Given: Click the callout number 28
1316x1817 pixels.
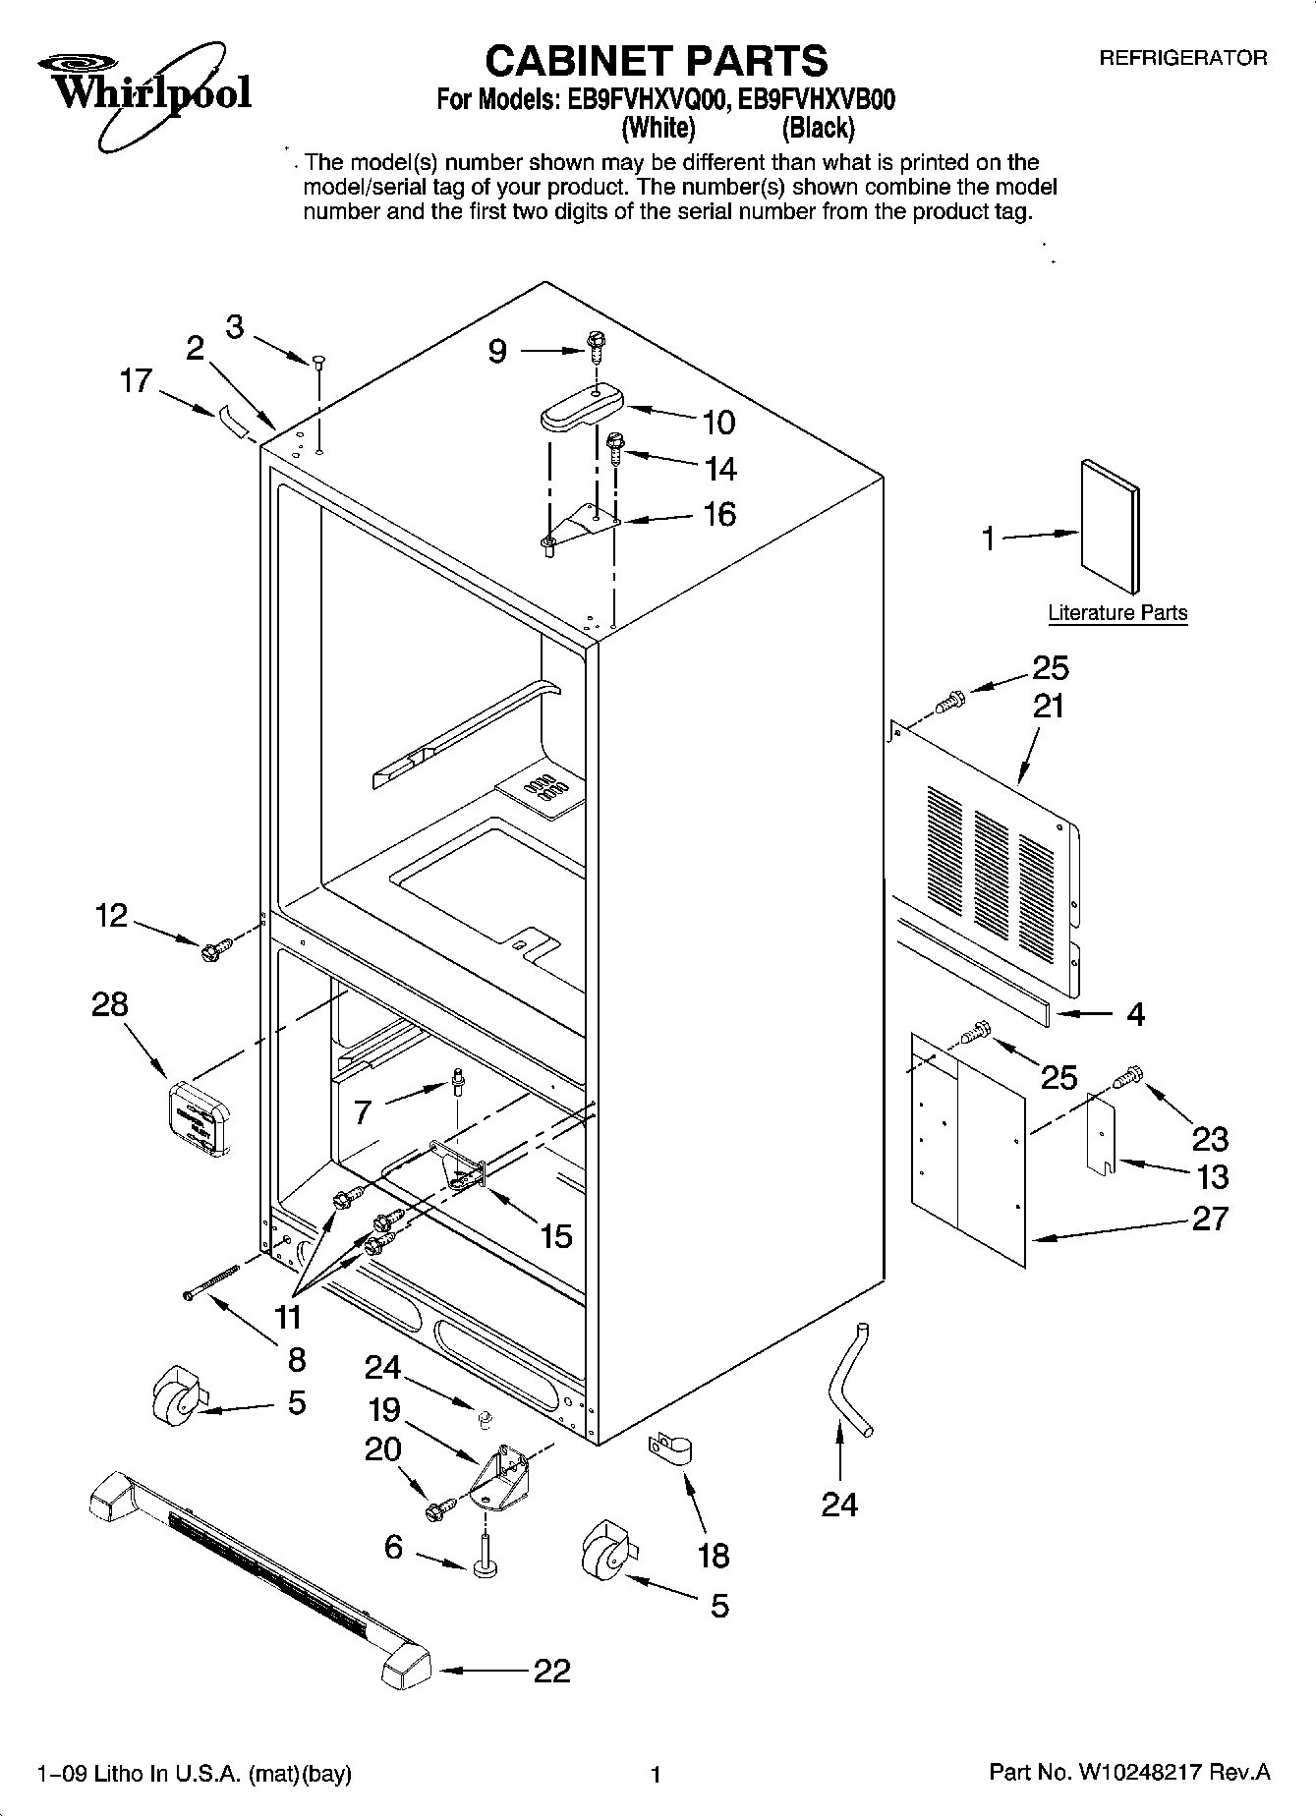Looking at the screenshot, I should (x=111, y=1003).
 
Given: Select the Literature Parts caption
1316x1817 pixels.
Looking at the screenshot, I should (x=1117, y=613).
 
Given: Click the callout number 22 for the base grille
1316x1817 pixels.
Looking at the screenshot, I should (x=551, y=1671).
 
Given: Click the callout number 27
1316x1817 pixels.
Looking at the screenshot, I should (x=1210, y=1219).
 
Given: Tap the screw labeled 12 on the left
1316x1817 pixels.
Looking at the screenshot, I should (x=214, y=949).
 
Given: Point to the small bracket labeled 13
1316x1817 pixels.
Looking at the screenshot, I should (x=1102, y=1137).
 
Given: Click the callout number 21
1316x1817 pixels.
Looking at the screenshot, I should (x=1050, y=706).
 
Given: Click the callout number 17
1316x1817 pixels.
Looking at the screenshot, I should (x=137, y=380).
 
